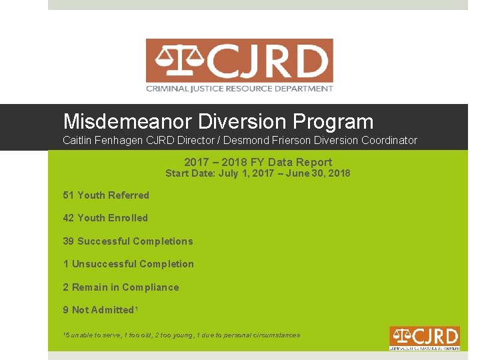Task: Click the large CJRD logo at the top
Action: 239,65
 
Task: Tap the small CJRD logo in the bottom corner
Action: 425,338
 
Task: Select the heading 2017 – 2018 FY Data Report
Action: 257,162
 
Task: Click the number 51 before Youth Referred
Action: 68,195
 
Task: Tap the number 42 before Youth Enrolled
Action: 68,218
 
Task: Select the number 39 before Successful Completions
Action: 68,241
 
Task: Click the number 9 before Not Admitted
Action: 66,310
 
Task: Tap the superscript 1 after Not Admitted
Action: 136,307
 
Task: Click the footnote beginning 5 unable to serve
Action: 181,335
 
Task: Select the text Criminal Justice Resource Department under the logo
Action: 239,89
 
